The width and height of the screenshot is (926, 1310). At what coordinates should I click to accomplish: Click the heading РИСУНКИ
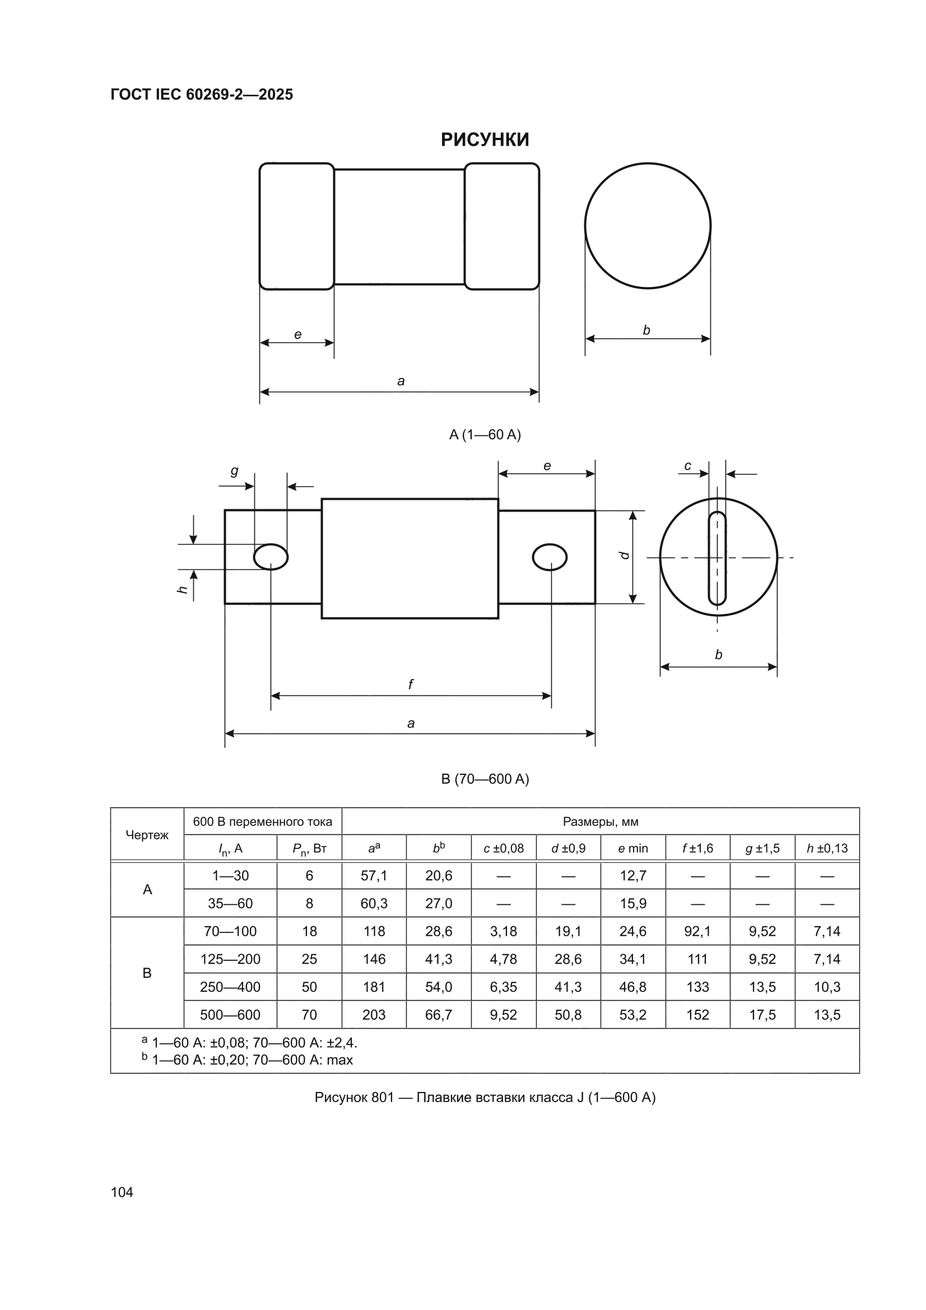tap(485, 140)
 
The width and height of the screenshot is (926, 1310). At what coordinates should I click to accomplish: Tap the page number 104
tap(122, 1192)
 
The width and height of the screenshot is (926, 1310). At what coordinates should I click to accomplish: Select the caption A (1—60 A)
tap(485, 435)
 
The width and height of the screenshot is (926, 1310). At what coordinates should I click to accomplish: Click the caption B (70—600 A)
tap(485, 779)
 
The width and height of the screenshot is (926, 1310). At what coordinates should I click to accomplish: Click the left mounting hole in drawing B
tap(271, 557)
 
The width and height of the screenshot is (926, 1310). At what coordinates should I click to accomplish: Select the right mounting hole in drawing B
tap(550, 557)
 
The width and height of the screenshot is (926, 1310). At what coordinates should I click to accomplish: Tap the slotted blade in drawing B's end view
tap(717, 559)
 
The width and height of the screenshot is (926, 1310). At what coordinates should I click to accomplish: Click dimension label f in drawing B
tap(410, 684)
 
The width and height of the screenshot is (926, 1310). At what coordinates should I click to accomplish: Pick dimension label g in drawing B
tap(234, 471)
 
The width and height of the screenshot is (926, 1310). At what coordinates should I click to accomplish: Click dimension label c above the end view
tap(687, 466)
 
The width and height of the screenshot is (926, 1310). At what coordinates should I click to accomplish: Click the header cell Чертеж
tap(147, 835)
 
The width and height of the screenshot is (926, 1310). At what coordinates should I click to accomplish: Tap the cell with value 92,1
tap(697, 931)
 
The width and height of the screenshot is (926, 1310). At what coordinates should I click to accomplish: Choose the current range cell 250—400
tap(230, 987)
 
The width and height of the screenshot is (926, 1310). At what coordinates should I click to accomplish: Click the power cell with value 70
tap(309, 1015)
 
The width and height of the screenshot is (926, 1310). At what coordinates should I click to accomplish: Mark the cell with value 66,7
tap(438, 1015)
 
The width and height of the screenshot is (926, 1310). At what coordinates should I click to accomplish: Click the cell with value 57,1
tap(374, 875)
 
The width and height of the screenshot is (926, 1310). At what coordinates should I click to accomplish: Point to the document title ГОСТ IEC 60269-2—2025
tap(202, 95)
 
